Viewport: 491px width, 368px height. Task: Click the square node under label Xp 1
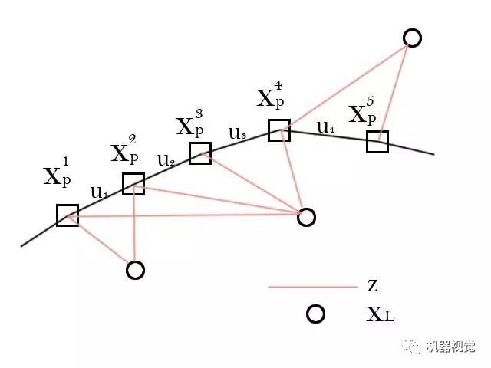coord(67,215)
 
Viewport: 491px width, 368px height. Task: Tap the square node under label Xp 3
coord(200,153)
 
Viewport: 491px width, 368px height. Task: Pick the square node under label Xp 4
coord(278,130)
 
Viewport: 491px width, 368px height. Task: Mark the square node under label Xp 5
coord(377,142)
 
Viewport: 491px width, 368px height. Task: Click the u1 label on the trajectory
coord(99,192)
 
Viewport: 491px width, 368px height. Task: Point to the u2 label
coord(166,160)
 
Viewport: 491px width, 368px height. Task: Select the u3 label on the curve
coord(237,134)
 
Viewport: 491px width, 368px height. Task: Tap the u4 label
coord(326,128)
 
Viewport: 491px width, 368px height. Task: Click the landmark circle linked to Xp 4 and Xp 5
coord(412,38)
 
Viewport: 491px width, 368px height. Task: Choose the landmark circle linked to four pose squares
coord(306,217)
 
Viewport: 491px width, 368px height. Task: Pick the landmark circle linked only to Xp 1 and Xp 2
coord(135,270)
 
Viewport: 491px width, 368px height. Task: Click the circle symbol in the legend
coord(315,314)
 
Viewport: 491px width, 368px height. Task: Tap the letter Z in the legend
coord(373,287)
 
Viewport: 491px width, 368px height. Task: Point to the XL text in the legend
coord(378,314)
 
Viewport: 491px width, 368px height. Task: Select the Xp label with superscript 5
coord(362,112)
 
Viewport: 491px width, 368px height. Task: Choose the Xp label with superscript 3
coord(189,124)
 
